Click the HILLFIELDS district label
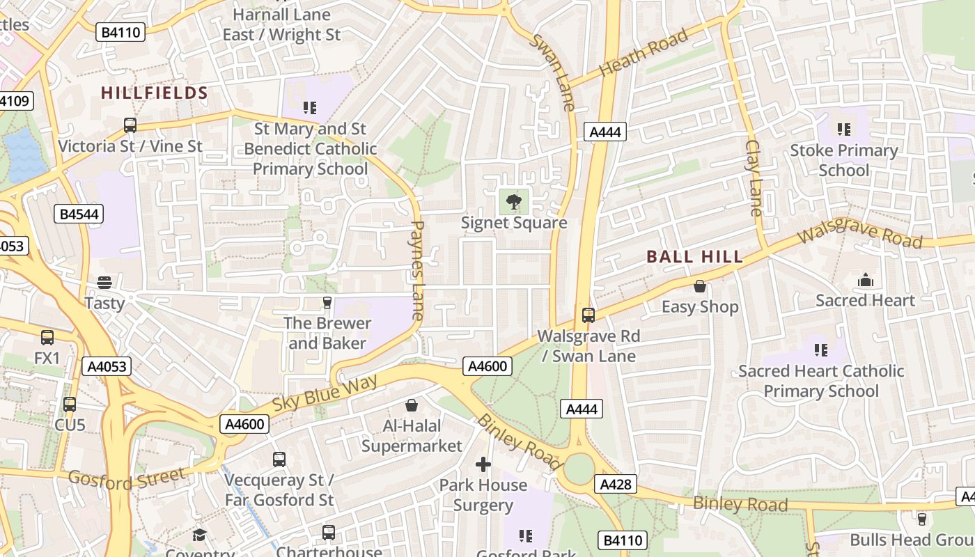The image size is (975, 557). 155,93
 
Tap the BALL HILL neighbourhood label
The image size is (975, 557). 694,257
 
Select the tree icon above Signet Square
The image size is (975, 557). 514,203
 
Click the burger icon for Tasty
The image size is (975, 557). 104,282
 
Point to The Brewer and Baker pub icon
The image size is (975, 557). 327,302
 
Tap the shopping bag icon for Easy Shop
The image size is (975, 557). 700,286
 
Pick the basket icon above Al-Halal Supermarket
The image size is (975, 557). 412,405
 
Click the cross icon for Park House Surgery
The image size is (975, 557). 483,464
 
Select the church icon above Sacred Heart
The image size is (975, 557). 866,280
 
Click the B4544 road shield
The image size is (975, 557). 79,214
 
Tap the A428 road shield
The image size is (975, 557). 616,484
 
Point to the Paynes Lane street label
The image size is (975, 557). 418,270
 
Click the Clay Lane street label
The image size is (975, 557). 754,178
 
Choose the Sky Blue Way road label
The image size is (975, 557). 325,393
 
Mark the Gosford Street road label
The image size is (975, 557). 127,478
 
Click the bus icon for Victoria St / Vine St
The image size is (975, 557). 130,125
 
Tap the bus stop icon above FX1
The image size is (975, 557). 47,338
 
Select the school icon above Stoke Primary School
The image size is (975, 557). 844,130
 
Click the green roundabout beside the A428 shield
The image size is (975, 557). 579,470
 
